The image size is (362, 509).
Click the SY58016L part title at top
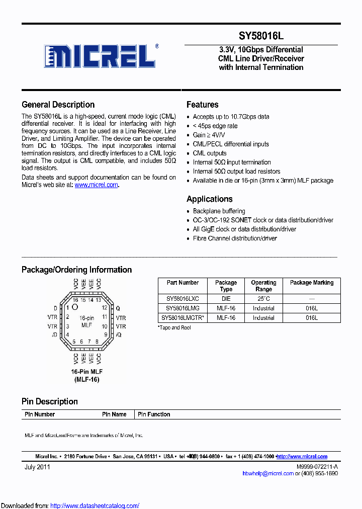pyautogui.click(x=261, y=36)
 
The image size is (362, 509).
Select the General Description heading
pyautogui.click(x=58, y=105)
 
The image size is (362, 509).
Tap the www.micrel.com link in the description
pyautogui.click(x=96, y=185)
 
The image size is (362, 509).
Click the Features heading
pyautogui.click(x=202, y=105)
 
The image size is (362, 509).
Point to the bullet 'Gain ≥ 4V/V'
pyautogui.click(x=210, y=135)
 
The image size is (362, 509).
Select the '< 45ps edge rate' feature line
pyautogui.click(x=215, y=126)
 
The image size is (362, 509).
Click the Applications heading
pyautogui.click(x=209, y=199)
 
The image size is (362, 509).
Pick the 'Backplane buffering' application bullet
pyautogui.click(x=219, y=211)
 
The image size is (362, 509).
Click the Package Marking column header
pyautogui.click(x=312, y=283)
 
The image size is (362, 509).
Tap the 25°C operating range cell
pyautogui.click(x=263, y=299)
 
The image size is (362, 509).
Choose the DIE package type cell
pyautogui.click(x=226, y=299)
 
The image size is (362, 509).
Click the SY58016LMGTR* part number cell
pyautogui.click(x=183, y=318)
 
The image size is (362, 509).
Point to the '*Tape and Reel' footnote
pyautogui.click(x=174, y=327)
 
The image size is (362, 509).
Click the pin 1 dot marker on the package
pyautogui.click(x=75, y=307)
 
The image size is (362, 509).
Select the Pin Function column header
pyautogui.click(x=154, y=414)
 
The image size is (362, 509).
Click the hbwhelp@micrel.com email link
pyautogui.click(x=268, y=473)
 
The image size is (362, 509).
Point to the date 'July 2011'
pyautogui.click(x=37, y=467)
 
